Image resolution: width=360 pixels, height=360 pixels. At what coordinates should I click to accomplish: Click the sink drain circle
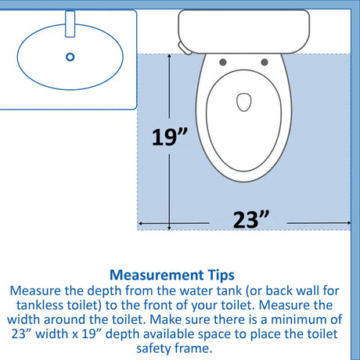coord(70,57)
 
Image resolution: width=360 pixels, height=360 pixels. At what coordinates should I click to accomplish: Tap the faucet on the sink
coord(70,23)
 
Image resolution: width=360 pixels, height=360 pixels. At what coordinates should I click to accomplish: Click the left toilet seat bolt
coord(223,62)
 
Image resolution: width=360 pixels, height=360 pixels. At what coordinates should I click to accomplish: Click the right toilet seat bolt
coord(265,62)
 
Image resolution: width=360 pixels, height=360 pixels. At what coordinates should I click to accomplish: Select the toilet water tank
coord(244,31)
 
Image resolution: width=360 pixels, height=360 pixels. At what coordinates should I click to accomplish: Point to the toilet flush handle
coord(185,49)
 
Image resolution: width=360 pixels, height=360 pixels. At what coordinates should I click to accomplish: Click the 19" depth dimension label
coord(169,137)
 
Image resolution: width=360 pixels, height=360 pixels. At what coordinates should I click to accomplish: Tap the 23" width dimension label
coord(250,220)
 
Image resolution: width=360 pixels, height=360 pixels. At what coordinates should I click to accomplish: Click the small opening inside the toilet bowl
coord(244,102)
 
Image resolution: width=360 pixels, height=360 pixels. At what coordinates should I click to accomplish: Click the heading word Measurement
coord(157,275)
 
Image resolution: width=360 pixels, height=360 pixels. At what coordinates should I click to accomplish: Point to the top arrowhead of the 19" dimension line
coord(169,56)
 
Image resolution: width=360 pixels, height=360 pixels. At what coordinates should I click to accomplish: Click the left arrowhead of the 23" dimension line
coord(140,224)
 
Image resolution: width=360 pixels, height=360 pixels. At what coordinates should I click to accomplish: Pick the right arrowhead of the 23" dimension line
coord(348,223)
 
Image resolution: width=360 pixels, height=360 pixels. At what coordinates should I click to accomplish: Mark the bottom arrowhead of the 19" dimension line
coord(169,229)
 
